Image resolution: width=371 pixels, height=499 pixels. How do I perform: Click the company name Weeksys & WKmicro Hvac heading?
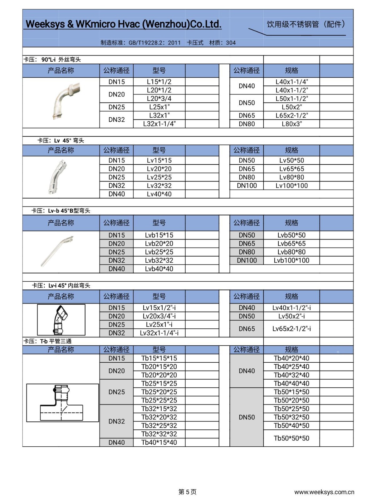[123, 24]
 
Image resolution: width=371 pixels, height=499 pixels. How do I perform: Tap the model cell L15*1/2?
[159, 82]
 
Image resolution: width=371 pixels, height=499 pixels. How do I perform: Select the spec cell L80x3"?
[291, 124]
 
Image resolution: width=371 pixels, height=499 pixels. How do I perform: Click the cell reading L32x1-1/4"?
[159, 124]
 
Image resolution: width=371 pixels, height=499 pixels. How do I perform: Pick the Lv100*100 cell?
[291, 186]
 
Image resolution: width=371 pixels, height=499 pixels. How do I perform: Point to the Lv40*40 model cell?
[159, 194]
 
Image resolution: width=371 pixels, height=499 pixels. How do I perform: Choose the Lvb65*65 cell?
[291, 244]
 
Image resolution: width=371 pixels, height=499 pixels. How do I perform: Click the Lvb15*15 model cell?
[159, 235]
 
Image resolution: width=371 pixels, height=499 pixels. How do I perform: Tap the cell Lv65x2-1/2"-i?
[291, 329]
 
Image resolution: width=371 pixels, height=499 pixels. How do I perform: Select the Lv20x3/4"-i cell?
[159, 316]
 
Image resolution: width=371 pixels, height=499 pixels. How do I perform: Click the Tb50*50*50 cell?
[291, 438]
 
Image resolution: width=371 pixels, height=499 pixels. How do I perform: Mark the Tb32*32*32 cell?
[159, 434]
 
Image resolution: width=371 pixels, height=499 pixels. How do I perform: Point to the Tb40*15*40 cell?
[159, 442]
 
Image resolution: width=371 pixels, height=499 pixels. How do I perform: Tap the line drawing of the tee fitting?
[62, 403]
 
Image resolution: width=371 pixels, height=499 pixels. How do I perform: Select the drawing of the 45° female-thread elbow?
[61, 320]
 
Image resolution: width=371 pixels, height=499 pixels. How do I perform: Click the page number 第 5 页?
[187, 492]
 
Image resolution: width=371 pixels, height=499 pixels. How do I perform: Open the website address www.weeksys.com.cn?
[324, 492]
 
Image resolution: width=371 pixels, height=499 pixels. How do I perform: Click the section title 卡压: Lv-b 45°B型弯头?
[61, 211]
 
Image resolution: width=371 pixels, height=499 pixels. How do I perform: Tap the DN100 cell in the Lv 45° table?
[247, 186]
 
